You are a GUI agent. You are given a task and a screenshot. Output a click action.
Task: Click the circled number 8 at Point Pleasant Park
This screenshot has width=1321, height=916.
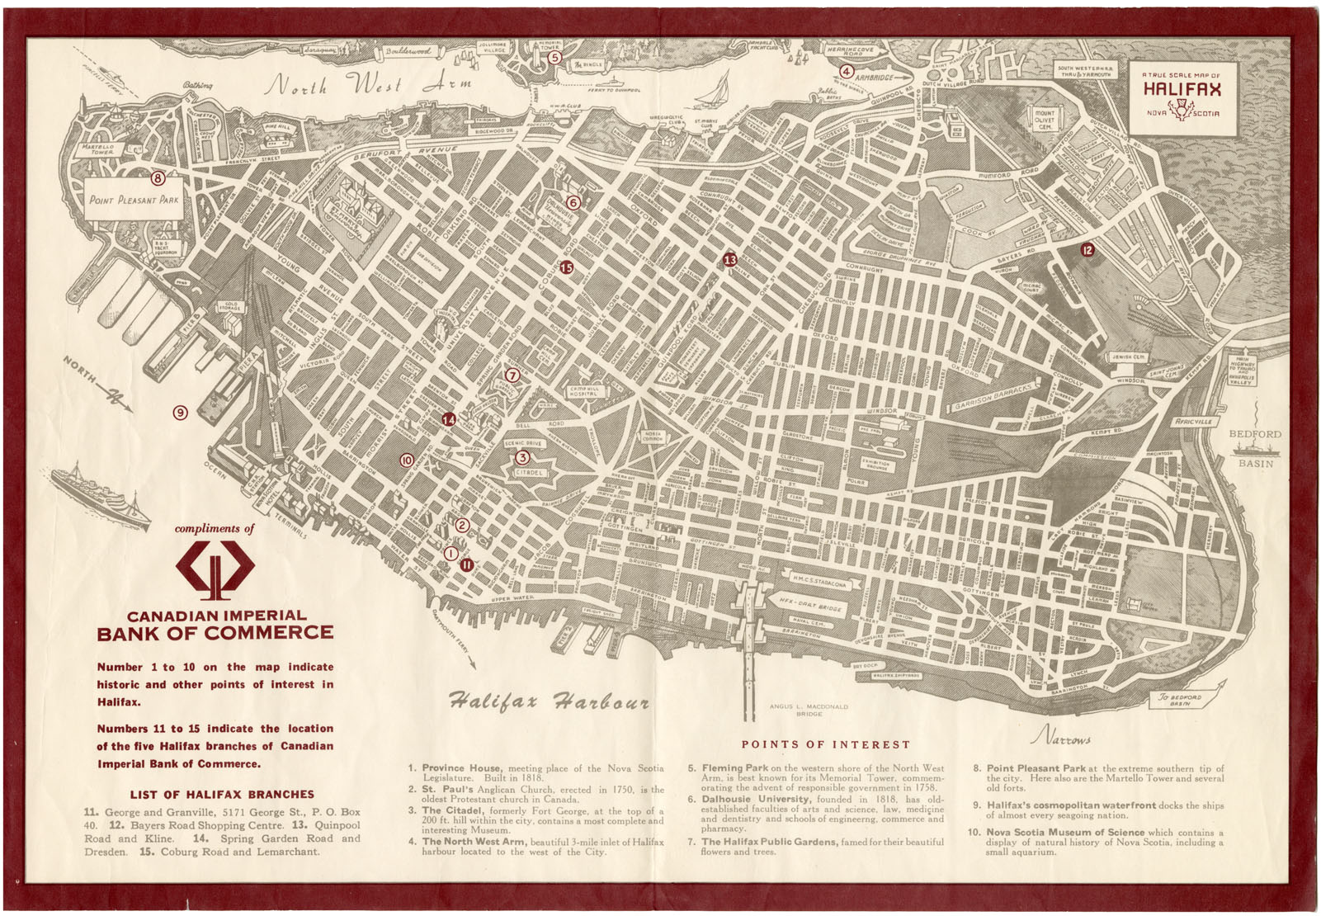(x=158, y=177)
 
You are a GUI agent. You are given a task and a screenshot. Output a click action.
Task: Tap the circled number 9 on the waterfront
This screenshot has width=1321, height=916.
(x=180, y=412)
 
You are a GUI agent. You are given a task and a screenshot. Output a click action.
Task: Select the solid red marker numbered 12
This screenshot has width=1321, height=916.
(x=1087, y=249)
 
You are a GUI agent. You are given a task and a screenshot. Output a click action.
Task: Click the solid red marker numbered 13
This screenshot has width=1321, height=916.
(x=729, y=260)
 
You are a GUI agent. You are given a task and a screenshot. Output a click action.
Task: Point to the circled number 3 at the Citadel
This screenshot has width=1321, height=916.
(x=522, y=457)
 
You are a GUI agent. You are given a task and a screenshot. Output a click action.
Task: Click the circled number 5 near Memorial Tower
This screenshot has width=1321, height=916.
(x=555, y=57)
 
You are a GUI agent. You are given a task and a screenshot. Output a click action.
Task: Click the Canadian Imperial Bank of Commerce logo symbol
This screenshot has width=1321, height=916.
(x=215, y=569)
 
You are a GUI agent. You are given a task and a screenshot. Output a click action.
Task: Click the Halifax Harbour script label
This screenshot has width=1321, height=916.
(x=549, y=702)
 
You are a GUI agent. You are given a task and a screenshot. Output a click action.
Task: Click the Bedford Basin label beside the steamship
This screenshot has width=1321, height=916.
(x=1255, y=448)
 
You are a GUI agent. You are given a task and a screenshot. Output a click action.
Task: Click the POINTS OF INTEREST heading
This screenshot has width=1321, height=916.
(x=825, y=744)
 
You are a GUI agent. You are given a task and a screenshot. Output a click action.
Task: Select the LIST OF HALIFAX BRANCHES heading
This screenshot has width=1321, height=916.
(x=222, y=794)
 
